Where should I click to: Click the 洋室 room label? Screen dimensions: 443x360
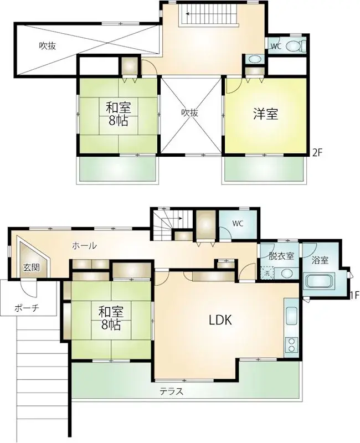(x=266, y=114)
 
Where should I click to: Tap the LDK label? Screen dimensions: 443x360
(x=220, y=320)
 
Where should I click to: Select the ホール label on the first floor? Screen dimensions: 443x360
(x=84, y=245)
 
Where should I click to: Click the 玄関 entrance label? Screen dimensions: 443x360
(x=31, y=267)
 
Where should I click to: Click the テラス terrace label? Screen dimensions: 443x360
(x=172, y=392)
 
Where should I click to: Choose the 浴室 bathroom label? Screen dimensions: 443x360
(x=321, y=259)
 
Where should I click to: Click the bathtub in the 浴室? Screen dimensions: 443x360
(x=317, y=281)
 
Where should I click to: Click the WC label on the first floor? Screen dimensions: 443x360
(x=238, y=224)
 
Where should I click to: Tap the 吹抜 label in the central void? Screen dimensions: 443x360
(x=190, y=112)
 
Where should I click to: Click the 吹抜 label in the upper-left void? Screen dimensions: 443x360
(x=47, y=47)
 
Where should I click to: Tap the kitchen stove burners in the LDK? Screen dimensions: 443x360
(x=291, y=346)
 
